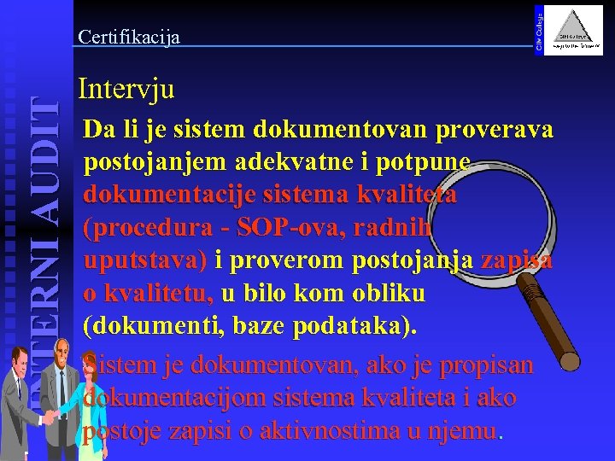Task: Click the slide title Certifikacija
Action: (x=128, y=37)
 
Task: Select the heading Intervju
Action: (x=126, y=88)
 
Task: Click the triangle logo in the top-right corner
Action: (x=574, y=31)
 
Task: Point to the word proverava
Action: (x=495, y=130)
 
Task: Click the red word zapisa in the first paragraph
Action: (x=517, y=260)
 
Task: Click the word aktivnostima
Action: (x=329, y=431)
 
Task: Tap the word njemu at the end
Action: (x=465, y=431)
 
